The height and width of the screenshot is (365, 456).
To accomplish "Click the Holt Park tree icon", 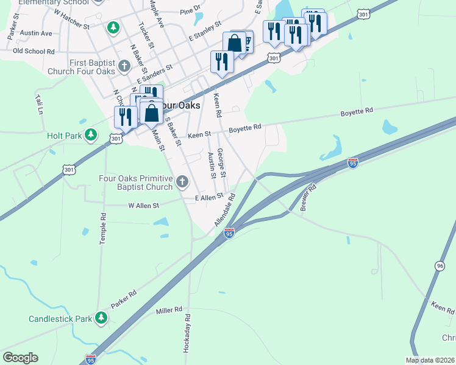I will point(91,134).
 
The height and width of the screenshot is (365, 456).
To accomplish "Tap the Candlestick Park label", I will point(60,319).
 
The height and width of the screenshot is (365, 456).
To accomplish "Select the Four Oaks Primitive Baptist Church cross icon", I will point(182,181).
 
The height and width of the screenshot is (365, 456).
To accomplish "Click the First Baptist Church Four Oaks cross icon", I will point(124,66).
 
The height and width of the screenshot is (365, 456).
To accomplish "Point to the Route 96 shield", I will point(440,265).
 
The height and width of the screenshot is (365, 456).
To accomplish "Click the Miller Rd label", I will point(169,310).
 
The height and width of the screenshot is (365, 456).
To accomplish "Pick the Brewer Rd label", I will point(308,197).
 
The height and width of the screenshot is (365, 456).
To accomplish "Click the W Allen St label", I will point(143,206).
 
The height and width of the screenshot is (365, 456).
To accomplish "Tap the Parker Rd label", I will point(123,298).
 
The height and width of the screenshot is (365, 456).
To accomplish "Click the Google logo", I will point(20,358).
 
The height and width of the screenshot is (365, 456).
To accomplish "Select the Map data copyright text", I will point(430,360).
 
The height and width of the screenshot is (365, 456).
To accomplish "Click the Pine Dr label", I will point(190,10).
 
